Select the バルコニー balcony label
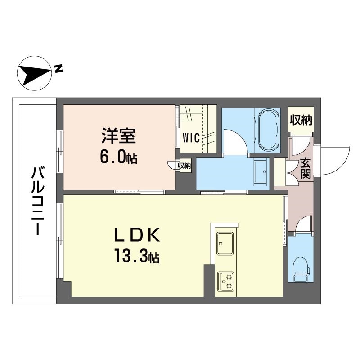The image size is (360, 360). click(x=36, y=200)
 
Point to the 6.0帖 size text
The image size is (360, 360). click(x=118, y=158)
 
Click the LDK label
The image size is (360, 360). click(x=135, y=235)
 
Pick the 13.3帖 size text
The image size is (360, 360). click(x=135, y=258)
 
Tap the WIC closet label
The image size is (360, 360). click(x=190, y=137)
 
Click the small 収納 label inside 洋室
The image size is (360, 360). click(x=184, y=166)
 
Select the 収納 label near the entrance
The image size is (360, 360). click(x=301, y=120)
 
